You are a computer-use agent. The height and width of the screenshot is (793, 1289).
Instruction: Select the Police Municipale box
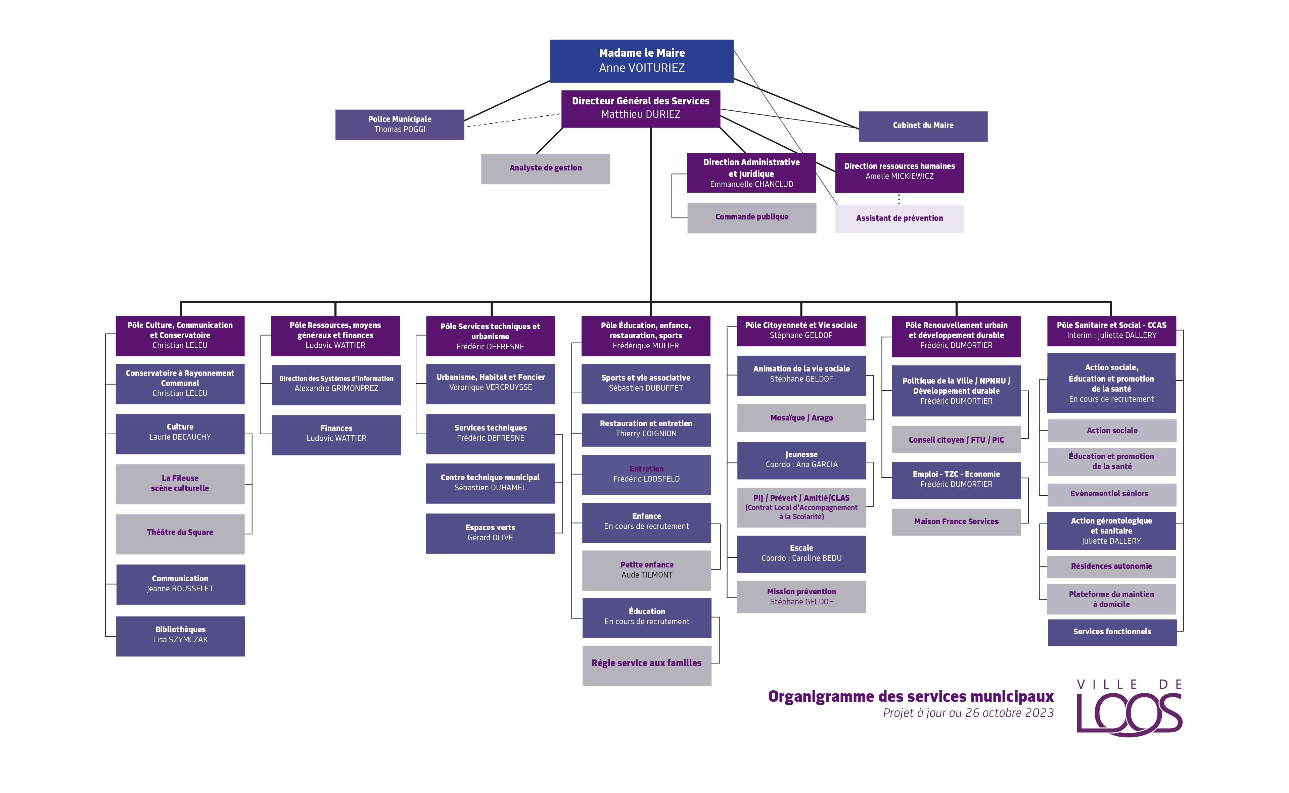point(400,124)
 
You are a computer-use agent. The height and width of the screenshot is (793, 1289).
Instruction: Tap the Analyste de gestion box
point(546,168)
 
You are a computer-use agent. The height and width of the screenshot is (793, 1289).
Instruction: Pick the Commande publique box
point(752,218)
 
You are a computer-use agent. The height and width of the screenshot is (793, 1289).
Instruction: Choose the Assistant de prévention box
point(899,218)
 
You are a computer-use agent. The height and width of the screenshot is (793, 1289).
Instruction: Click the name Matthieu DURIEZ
point(641,114)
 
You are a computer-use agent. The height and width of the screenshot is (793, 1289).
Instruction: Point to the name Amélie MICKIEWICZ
point(899,176)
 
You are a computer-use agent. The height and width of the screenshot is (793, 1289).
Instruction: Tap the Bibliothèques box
point(180,636)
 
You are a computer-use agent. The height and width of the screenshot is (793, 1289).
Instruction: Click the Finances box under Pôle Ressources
point(336,435)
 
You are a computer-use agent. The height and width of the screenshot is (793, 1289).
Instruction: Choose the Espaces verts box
point(490,533)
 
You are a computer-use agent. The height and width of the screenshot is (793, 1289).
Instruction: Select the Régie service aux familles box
point(647,665)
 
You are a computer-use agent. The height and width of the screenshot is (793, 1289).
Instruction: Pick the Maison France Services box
point(956,522)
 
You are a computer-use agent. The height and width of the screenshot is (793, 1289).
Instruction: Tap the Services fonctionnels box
point(1112,633)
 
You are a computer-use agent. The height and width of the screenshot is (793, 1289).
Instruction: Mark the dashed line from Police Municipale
point(513,120)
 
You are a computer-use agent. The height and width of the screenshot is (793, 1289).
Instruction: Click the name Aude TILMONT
point(647,575)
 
